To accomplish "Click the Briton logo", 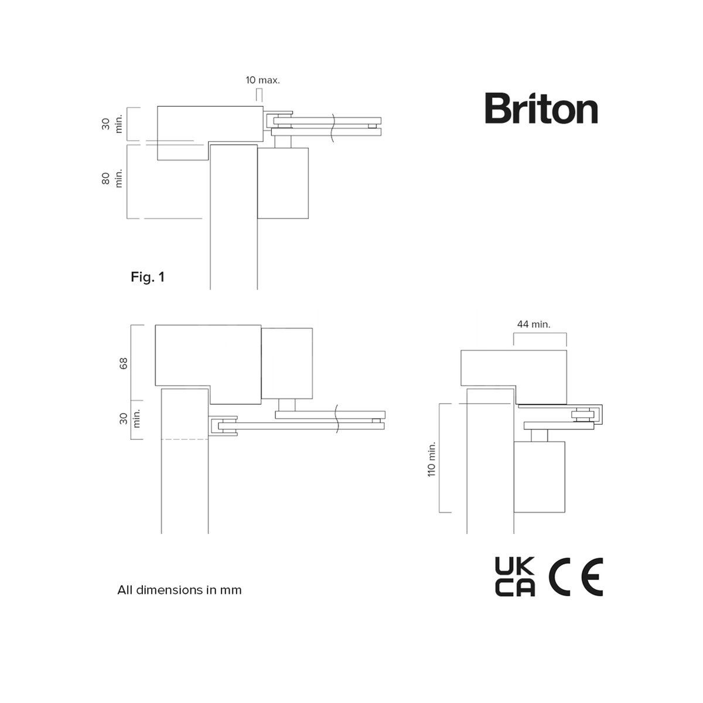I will pos(541,108).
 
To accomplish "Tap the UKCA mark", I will pos(515,577).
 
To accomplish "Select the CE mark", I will pos(576,577).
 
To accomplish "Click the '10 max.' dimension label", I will pos(262,80).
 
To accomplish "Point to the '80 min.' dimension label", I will pos(112,178).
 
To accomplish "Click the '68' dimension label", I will pos(124,363).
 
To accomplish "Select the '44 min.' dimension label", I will pos(534,324).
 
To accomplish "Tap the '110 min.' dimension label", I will pos(432,458).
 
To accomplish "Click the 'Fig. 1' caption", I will pos(148,277).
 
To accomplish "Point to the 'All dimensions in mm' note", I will pos(179,590).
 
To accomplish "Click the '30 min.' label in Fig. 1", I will pos(112,124).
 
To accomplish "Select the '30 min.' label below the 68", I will pos(129,418).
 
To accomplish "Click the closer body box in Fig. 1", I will pos(283,183).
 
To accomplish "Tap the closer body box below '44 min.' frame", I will pos(540,476).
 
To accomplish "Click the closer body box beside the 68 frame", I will pos(286,363).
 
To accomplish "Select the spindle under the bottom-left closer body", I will pos(287,405).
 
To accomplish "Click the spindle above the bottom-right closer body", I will pos(540,435).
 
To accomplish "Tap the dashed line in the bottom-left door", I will pos(185,439).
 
